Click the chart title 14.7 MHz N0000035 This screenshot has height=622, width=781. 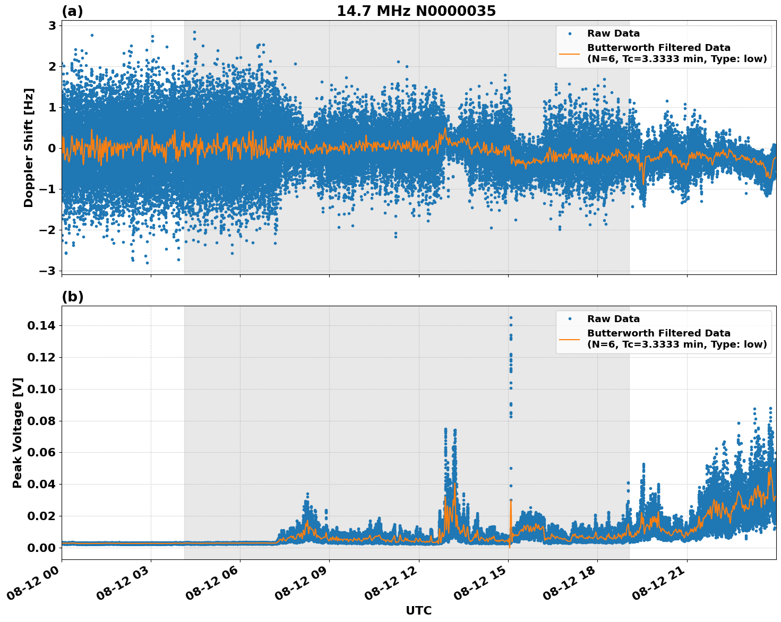416,11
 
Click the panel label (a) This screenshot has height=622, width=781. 72,11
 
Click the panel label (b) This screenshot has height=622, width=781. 72,297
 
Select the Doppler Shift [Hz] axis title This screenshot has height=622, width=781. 29,148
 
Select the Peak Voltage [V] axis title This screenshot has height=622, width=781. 18,433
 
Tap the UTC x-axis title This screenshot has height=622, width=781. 418,610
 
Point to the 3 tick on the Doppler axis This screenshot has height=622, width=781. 52,25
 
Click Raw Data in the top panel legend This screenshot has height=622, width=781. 613,33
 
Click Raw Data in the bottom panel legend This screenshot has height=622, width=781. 613,319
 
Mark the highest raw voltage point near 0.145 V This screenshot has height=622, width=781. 511,317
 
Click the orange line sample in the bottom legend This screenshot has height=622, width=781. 570,339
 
